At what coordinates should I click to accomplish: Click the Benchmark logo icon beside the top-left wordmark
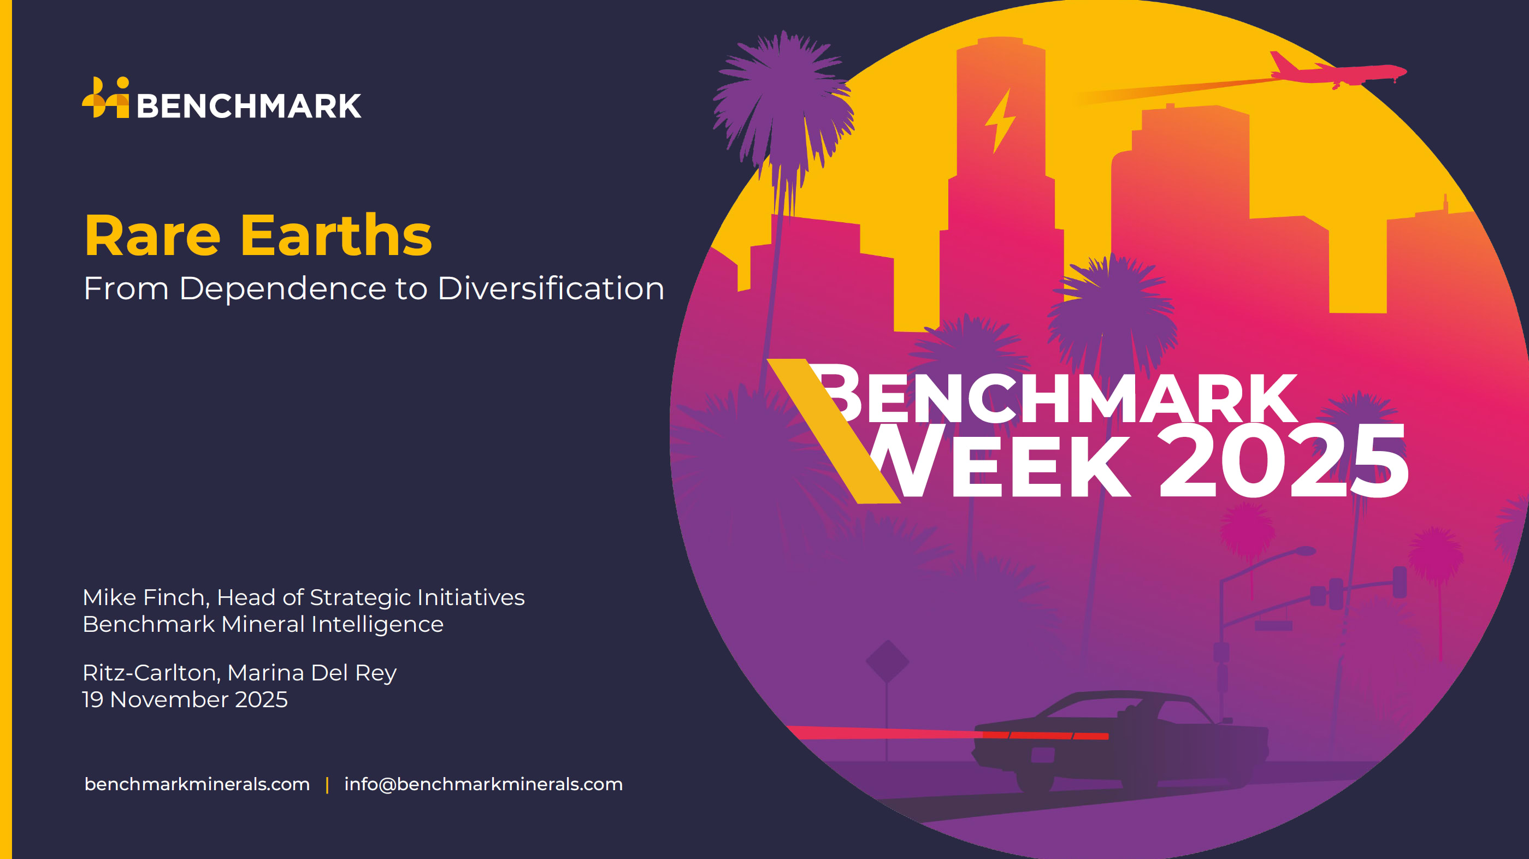pyautogui.click(x=105, y=97)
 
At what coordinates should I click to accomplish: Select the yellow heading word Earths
pyautogui.click(x=336, y=235)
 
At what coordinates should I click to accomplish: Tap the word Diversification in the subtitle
pyautogui.click(x=551, y=289)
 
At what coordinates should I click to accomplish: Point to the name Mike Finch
pyautogui.click(x=146, y=597)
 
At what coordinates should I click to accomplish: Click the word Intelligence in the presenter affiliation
pyautogui.click(x=377, y=624)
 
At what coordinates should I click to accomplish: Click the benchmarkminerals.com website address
pyautogui.click(x=197, y=784)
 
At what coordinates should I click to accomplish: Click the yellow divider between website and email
pyautogui.click(x=327, y=785)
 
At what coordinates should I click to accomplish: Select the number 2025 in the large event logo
pyautogui.click(x=1283, y=461)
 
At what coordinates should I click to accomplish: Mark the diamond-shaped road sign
pyautogui.click(x=887, y=661)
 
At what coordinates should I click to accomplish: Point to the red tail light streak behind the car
pyautogui.click(x=947, y=733)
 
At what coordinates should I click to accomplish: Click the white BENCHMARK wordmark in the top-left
pyautogui.click(x=249, y=106)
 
